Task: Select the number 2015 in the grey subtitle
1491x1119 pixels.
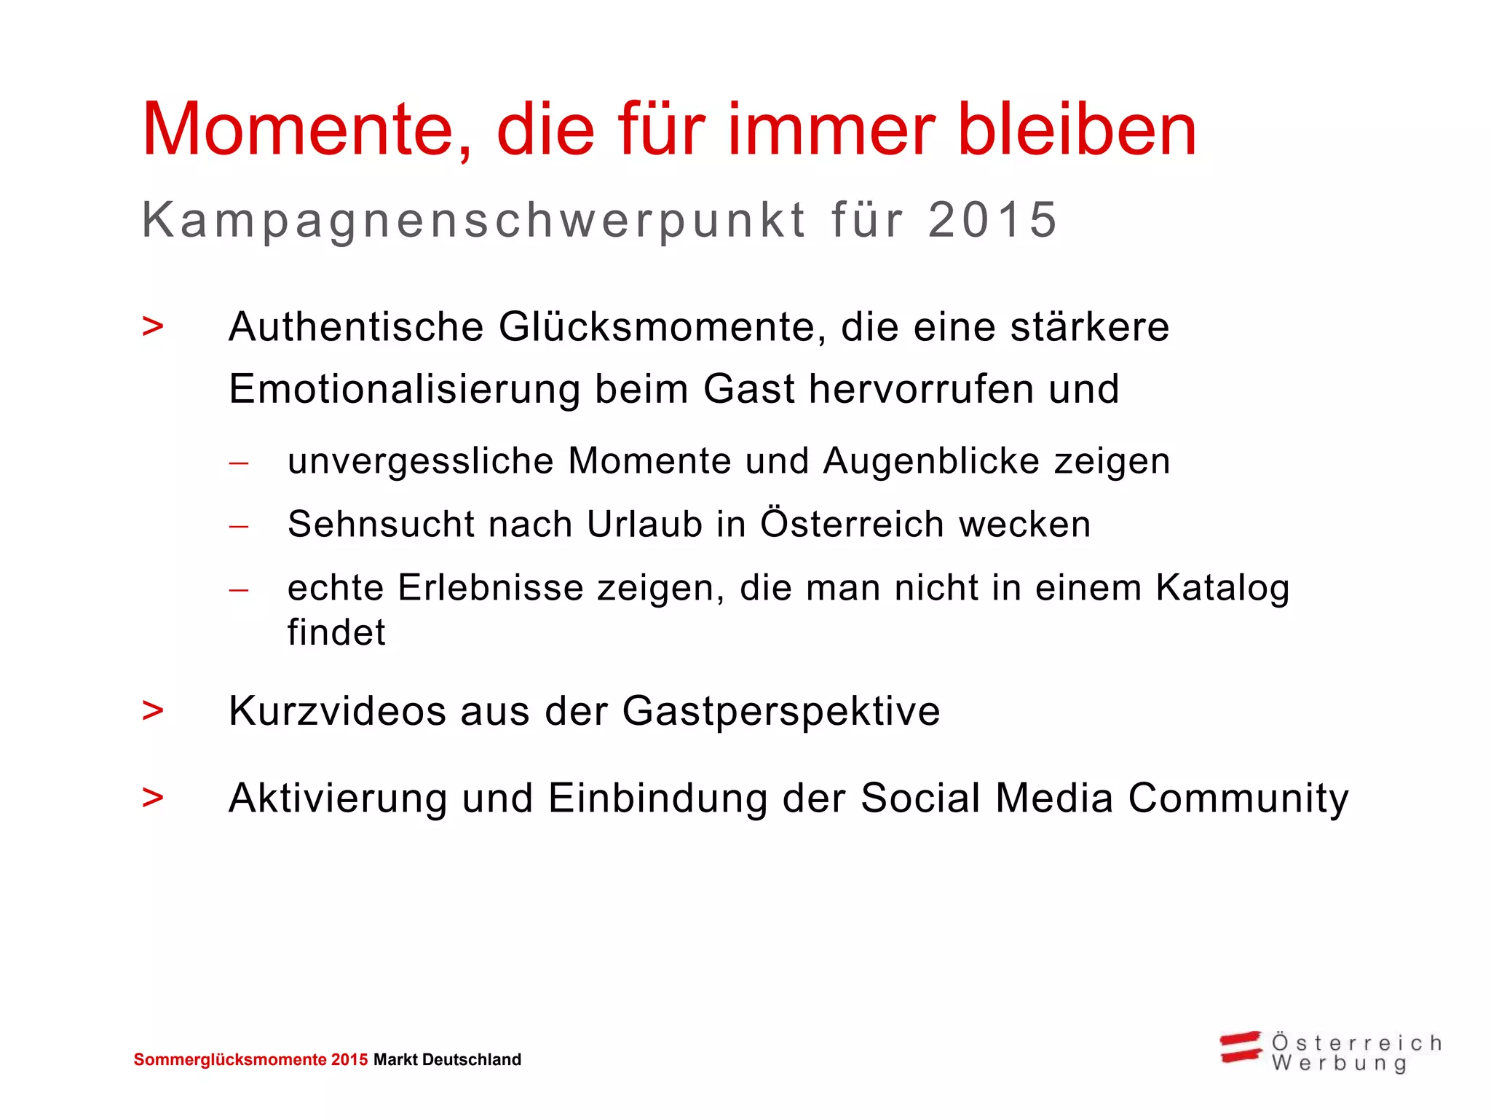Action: click(992, 220)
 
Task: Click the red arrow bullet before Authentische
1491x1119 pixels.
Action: click(153, 327)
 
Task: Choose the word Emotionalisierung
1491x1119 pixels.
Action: click(404, 389)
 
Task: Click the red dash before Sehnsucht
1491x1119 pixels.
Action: click(239, 525)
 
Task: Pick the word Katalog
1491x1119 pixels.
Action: click(1222, 589)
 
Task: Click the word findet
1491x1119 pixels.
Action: click(336, 632)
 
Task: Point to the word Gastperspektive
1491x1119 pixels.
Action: click(781, 712)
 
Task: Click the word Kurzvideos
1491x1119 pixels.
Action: click(337, 711)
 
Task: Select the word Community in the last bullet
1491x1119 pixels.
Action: click(1238, 799)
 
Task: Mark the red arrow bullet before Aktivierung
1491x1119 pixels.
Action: click(153, 798)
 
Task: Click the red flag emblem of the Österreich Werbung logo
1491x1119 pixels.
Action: click(1241, 1047)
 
